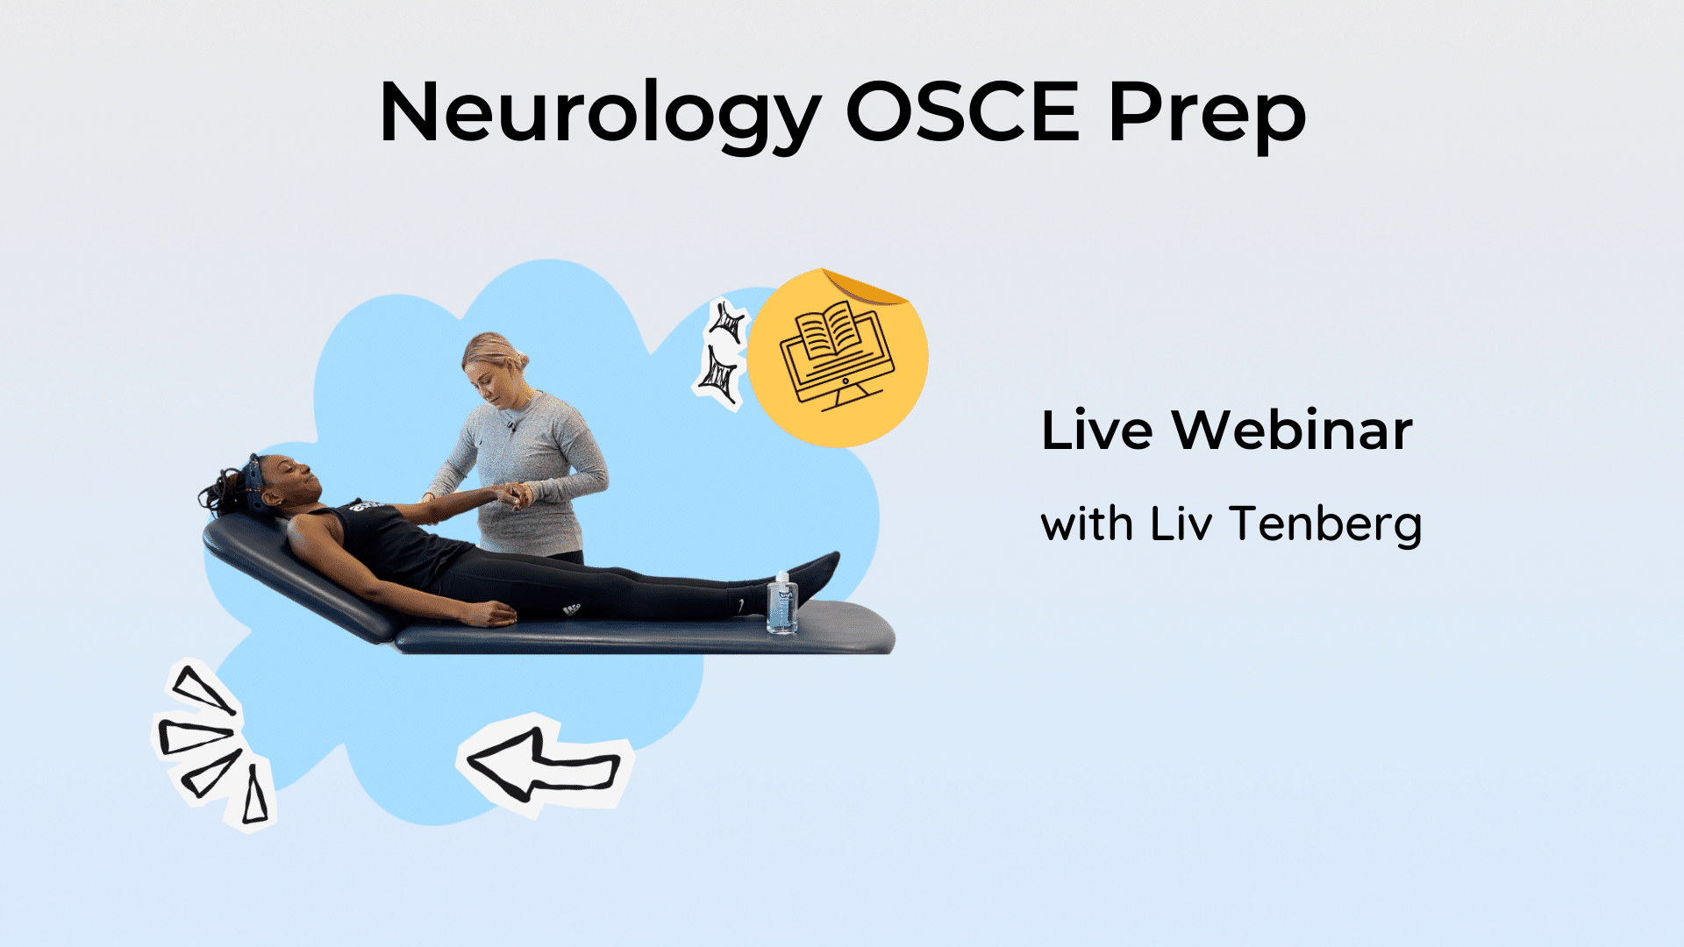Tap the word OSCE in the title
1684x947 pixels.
point(962,111)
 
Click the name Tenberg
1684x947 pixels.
point(1325,525)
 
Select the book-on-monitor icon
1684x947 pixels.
point(836,356)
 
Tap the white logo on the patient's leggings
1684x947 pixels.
point(572,609)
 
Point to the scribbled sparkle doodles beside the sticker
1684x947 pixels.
point(723,354)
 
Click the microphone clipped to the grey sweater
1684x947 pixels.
point(510,427)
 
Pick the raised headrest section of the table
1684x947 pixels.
point(298,574)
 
